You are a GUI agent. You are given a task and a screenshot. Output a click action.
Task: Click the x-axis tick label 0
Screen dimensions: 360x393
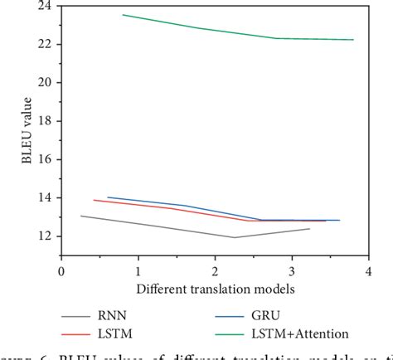tap(61, 271)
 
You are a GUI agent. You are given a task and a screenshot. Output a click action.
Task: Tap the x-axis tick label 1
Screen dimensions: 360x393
tap(138, 271)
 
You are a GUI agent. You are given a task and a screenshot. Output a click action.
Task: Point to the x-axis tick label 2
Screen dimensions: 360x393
tap(214, 271)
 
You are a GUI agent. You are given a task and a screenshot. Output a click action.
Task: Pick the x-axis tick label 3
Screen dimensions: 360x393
tap(291, 271)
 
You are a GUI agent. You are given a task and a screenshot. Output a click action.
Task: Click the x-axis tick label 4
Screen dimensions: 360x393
tap(367, 271)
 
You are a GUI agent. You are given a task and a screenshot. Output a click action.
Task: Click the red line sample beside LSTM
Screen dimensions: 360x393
tap(86, 333)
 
